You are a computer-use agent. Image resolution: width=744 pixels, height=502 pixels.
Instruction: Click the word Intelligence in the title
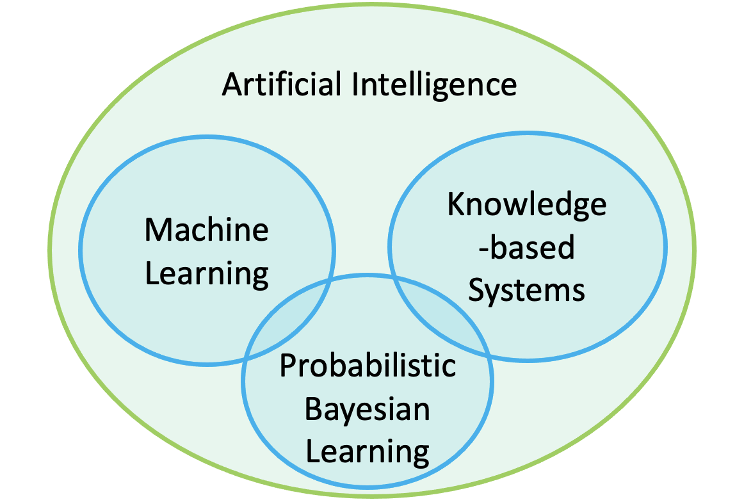[435, 85]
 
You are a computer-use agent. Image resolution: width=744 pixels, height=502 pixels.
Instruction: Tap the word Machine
[206, 231]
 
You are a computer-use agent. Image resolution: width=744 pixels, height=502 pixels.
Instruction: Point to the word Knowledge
[526, 205]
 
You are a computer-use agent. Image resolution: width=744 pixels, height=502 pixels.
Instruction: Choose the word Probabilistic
[368, 367]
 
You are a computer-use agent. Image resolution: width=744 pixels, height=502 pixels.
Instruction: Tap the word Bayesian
[368, 409]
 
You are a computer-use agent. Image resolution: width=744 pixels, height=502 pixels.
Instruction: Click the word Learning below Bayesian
[368, 451]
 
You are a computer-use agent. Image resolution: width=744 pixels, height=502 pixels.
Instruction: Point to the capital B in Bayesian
[313, 409]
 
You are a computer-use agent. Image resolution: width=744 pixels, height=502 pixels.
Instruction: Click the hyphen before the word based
[484, 250]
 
